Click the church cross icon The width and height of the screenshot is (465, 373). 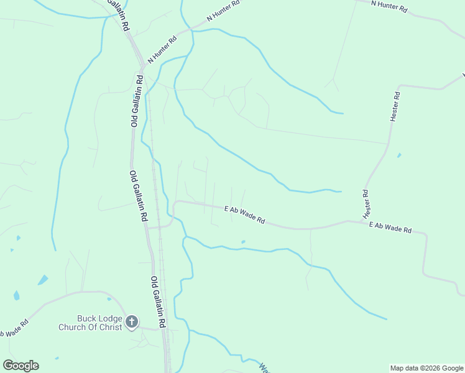(x=132, y=321)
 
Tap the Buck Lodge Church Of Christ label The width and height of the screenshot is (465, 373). (x=91, y=323)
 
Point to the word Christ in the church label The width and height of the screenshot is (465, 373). (x=109, y=328)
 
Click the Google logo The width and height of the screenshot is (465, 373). (x=21, y=366)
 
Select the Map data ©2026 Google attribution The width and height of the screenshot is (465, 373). (x=426, y=368)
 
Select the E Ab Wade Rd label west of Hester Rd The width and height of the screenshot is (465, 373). (x=245, y=216)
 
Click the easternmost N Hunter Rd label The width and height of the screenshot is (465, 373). (x=389, y=6)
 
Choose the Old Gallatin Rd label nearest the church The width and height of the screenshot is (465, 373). (x=159, y=302)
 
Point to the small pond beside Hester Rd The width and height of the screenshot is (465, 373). (x=398, y=155)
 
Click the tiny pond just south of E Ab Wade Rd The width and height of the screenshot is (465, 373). (x=243, y=242)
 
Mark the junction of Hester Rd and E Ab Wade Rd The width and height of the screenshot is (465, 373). (x=362, y=221)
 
